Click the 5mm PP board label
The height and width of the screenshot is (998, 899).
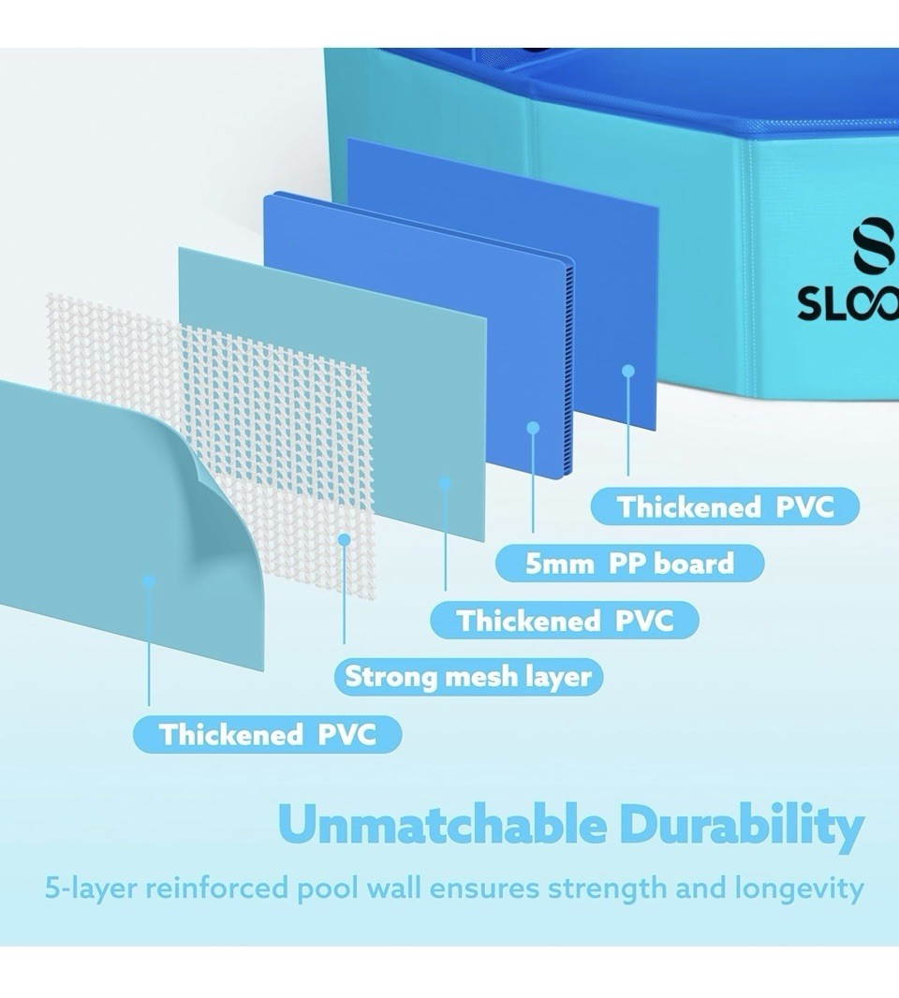[x=629, y=564]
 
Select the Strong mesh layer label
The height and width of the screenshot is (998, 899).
[x=468, y=677]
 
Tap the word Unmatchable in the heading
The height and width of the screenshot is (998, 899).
[x=443, y=826]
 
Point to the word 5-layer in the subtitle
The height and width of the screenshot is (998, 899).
[x=91, y=888]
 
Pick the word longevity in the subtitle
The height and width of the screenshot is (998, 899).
[x=799, y=888]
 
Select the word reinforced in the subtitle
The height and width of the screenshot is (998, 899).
[x=216, y=888]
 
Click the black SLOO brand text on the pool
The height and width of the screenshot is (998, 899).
[x=848, y=304]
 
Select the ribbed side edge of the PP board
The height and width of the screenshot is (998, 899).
[x=567, y=366]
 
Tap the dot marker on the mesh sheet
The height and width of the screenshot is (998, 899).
[x=344, y=540]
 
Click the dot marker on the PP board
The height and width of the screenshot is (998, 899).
[x=533, y=428]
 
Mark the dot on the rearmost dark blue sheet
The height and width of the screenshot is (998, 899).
[x=628, y=371]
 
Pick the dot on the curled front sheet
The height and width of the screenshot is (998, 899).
[x=149, y=581]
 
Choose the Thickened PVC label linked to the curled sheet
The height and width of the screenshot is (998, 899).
[x=268, y=734]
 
